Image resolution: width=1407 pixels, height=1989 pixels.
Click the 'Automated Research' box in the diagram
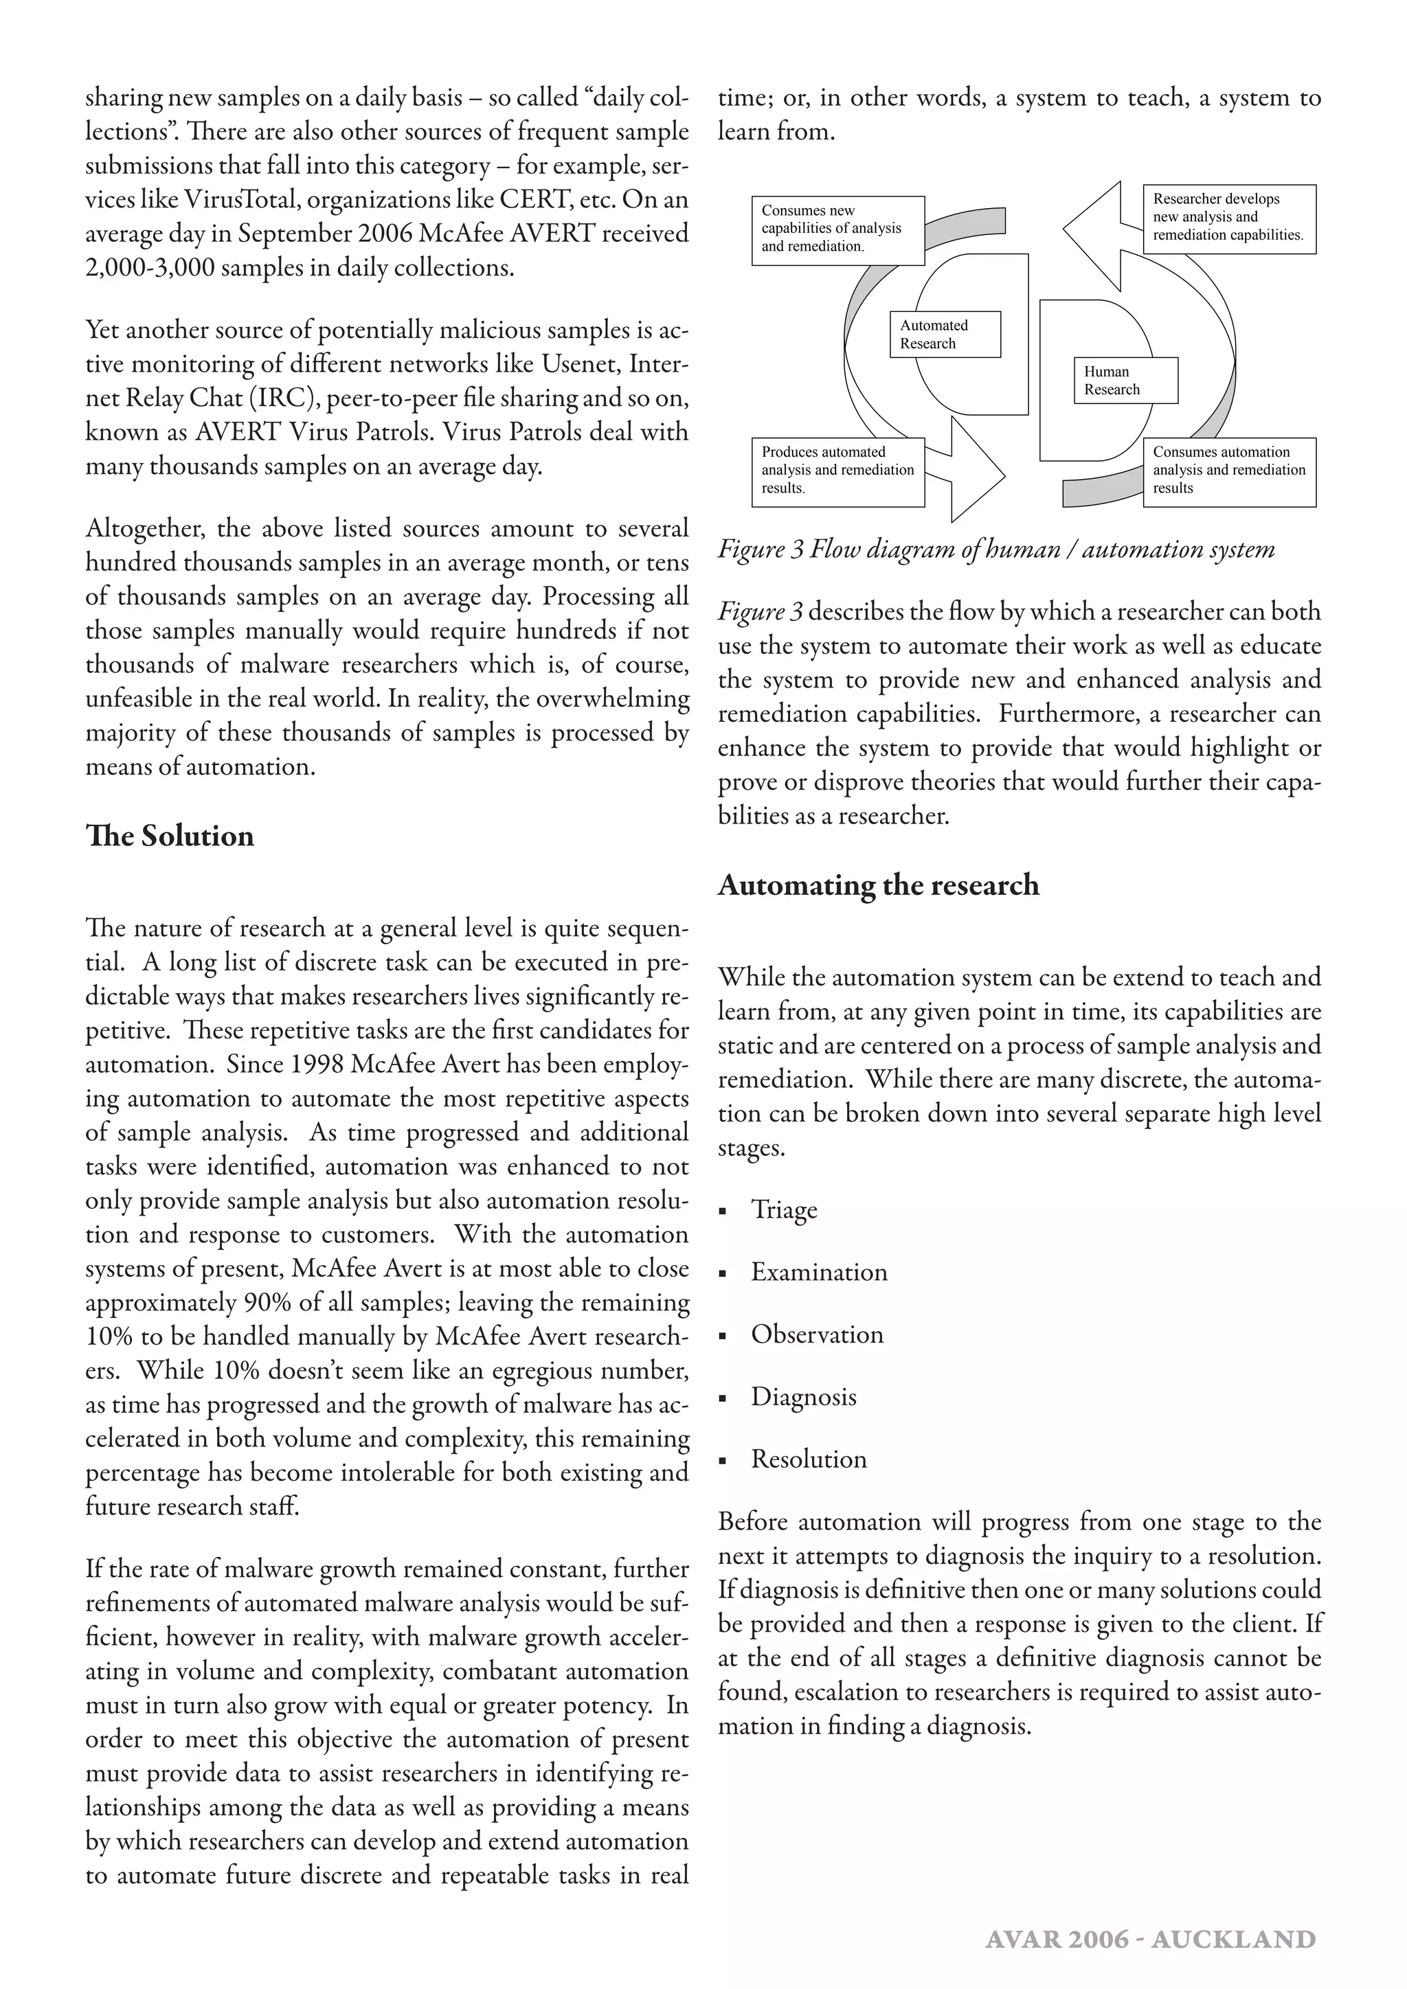945,334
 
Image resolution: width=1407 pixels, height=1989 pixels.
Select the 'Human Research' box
1125,380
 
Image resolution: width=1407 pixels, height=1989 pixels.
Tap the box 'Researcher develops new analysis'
1228,218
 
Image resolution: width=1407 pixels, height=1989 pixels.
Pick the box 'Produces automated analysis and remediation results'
837,471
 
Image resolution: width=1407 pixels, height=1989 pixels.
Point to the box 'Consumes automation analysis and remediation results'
1228,471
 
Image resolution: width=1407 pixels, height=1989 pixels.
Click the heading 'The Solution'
170,836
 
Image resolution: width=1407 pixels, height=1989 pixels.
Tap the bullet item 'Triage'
783,1210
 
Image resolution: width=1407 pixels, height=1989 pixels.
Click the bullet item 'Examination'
819,1273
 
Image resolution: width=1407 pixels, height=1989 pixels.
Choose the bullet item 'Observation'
816,1335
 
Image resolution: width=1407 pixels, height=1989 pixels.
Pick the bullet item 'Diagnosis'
803,1398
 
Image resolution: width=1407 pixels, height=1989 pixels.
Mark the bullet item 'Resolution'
809,1459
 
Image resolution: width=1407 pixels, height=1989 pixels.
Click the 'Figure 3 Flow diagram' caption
995,549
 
